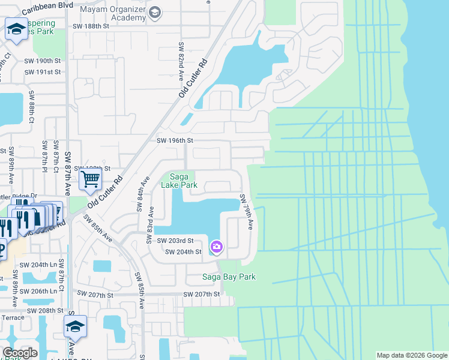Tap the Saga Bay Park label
229,277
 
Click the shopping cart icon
89,178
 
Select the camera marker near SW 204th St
216,247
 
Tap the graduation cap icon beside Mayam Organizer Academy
155,12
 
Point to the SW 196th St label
175,140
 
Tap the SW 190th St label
43,61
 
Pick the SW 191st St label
43,72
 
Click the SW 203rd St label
175,241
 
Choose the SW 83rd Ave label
150,226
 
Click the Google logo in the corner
20,353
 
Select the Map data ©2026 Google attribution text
412,355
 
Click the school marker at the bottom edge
75,326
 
